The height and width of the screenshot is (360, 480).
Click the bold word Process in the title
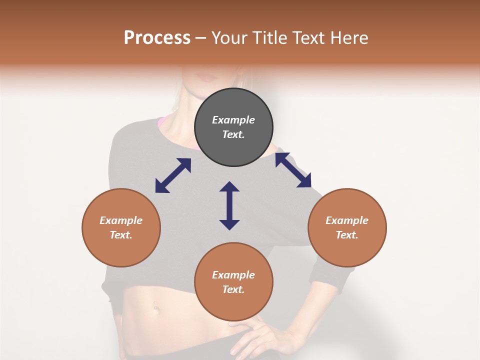[157, 38]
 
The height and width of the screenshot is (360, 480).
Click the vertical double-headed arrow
[229, 205]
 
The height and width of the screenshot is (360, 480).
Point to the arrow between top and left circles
[173, 175]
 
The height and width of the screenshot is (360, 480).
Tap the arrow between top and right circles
[293, 170]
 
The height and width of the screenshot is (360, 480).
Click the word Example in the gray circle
[233, 120]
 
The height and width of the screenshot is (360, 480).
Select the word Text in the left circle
[121, 235]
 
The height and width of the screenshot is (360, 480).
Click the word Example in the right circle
[347, 220]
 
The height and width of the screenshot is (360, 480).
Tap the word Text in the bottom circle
[233, 289]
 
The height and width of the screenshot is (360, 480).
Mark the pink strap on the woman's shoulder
[162, 121]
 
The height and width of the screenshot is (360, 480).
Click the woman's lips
[206, 78]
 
